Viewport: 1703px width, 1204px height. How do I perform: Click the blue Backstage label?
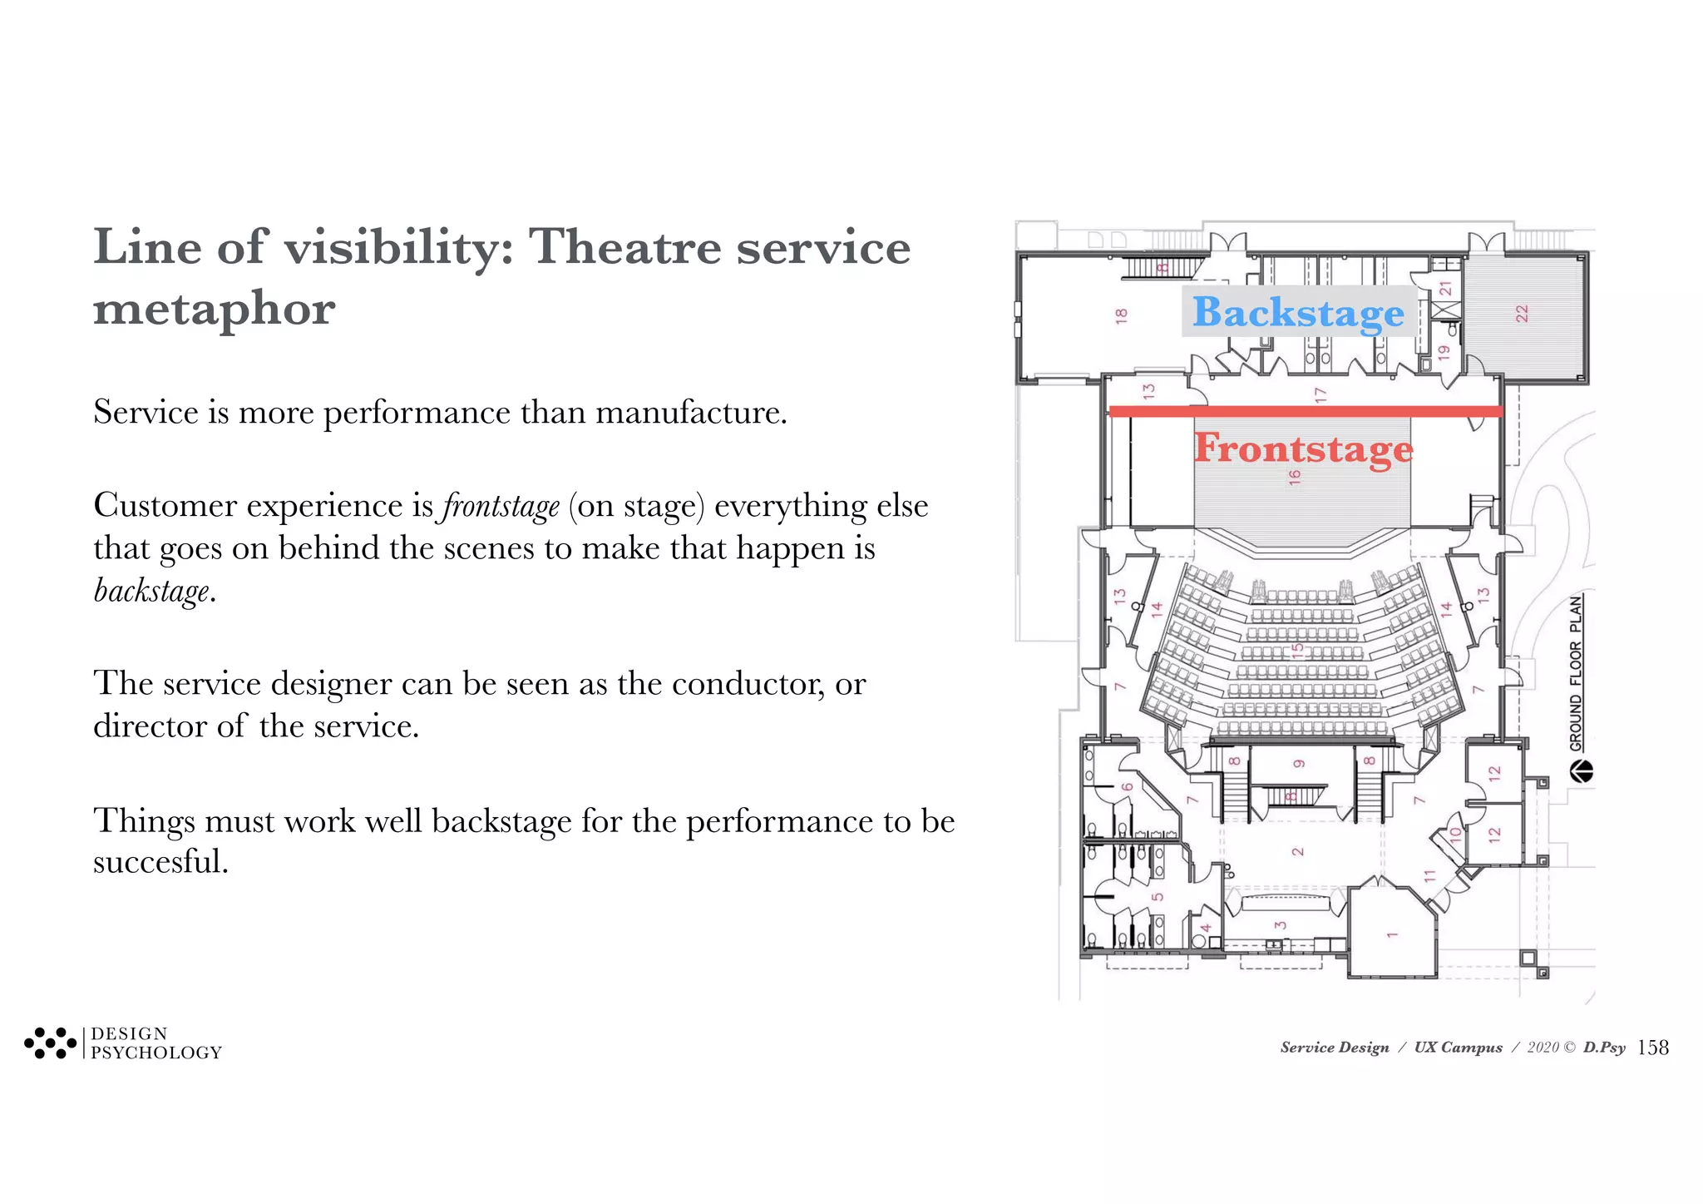point(1298,312)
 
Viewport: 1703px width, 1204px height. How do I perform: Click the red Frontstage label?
point(1303,448)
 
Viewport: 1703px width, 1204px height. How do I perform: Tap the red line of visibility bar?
point(1306,411)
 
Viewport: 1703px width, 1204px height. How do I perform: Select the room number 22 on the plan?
point(1522,314)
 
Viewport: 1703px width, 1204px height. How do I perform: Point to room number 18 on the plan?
point(1122,316)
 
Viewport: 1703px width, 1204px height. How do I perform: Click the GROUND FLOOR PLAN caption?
point(1577,673)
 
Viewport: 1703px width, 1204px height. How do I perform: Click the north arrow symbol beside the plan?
point(1581,772)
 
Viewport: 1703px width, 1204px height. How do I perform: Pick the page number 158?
point(1652,1048)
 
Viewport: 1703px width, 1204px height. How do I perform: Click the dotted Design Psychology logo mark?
point(50,1043)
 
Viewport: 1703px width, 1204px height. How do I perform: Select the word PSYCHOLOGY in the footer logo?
point(156,1053)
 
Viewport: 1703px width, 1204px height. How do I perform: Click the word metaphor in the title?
point(215,309)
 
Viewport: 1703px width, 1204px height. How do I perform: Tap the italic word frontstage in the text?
point(501,506)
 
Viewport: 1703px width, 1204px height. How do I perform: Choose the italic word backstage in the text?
point(151,591)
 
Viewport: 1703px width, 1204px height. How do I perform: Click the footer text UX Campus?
point(1458,1048)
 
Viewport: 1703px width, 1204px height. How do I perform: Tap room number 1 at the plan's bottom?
point(1392,934)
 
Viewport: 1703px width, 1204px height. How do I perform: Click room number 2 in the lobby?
point(1297,851)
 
